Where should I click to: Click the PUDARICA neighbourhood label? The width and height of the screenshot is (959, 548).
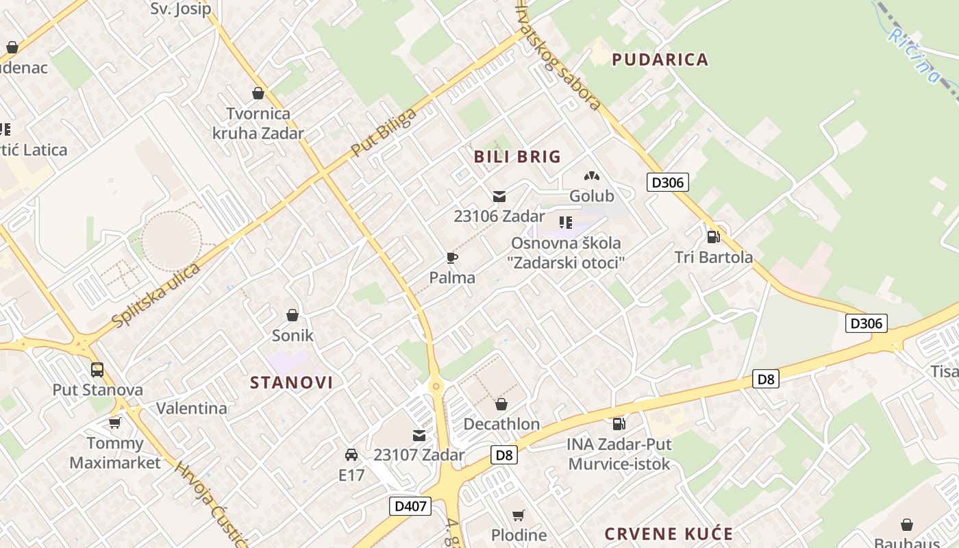point(660,60)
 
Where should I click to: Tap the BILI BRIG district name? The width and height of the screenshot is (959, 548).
point(517,157)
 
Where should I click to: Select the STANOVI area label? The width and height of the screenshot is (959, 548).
point(291,382)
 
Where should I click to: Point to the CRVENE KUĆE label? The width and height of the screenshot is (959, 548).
point(669,534)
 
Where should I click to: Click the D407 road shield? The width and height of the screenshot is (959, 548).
point(411,506)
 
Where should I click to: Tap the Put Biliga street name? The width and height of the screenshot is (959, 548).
point(383,132)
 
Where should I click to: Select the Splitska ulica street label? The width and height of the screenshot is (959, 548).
point(156,295)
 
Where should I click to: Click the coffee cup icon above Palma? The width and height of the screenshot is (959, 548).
point(451,258)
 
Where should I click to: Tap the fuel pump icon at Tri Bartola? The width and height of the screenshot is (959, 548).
point(713,237)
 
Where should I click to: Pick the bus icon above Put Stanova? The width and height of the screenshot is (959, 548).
point(97,370)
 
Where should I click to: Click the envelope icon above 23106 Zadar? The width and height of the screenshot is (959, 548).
point(499,197)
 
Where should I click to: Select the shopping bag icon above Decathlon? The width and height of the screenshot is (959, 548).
point(501,404)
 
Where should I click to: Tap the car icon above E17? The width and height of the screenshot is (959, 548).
point(351,454)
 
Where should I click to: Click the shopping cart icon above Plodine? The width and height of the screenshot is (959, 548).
point(519,515)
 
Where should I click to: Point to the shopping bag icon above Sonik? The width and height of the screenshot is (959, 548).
point(292,315)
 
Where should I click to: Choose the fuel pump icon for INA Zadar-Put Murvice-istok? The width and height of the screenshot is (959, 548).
point(619,424)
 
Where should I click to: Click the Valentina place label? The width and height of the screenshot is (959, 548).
point(192,408)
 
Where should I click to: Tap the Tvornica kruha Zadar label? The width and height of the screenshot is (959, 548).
point(258,123)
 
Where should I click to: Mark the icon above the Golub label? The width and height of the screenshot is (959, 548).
point(592,176)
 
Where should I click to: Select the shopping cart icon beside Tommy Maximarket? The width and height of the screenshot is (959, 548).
point(115,423)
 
